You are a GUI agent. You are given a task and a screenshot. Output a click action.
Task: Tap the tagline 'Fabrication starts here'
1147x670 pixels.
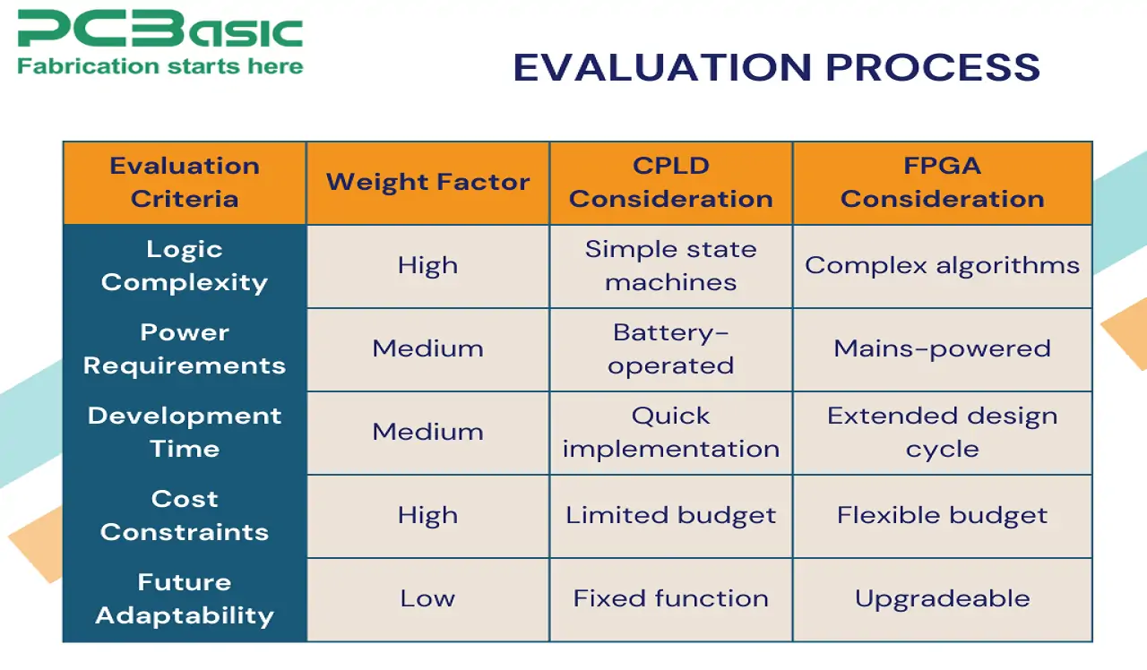(160, 66)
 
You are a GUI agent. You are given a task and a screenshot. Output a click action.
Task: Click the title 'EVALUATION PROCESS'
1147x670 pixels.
(776, 68)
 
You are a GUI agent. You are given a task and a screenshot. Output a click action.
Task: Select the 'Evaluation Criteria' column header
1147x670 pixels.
(185, 183)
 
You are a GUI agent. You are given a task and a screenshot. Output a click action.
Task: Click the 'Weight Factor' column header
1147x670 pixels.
(427, 183)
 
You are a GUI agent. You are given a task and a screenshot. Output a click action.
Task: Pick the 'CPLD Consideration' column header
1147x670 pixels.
(670, 183)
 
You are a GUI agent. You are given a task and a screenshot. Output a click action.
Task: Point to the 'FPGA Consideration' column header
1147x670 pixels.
(942, 183)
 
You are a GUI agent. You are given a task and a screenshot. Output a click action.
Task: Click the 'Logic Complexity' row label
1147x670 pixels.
(185, 266)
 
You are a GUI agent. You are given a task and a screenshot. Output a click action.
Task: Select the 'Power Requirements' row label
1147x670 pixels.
(185, 349)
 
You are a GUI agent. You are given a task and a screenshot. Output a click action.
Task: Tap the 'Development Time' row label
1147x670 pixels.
(185, 433)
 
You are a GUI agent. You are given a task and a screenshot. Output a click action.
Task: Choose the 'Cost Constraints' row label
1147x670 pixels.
(185, 516)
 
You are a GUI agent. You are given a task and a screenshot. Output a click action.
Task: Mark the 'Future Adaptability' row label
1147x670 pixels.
(185, 599)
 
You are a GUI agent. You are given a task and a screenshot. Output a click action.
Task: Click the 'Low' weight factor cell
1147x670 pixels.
(427, 599)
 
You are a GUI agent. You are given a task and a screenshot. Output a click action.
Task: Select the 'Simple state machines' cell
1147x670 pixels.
(670, 266)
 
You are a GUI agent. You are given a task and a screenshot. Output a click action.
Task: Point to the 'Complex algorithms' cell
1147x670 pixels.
(942, 266)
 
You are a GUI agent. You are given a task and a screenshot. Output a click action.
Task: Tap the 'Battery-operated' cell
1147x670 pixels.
(670, 349)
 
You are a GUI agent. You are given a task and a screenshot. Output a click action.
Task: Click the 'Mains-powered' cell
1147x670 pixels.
(942, 349)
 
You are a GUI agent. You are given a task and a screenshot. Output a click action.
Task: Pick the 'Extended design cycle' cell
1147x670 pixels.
(942, 433)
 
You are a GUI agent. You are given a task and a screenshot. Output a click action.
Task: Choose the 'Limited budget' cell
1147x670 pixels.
(670, 516)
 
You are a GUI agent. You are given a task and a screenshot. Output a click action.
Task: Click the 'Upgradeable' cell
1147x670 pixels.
(942, 599)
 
